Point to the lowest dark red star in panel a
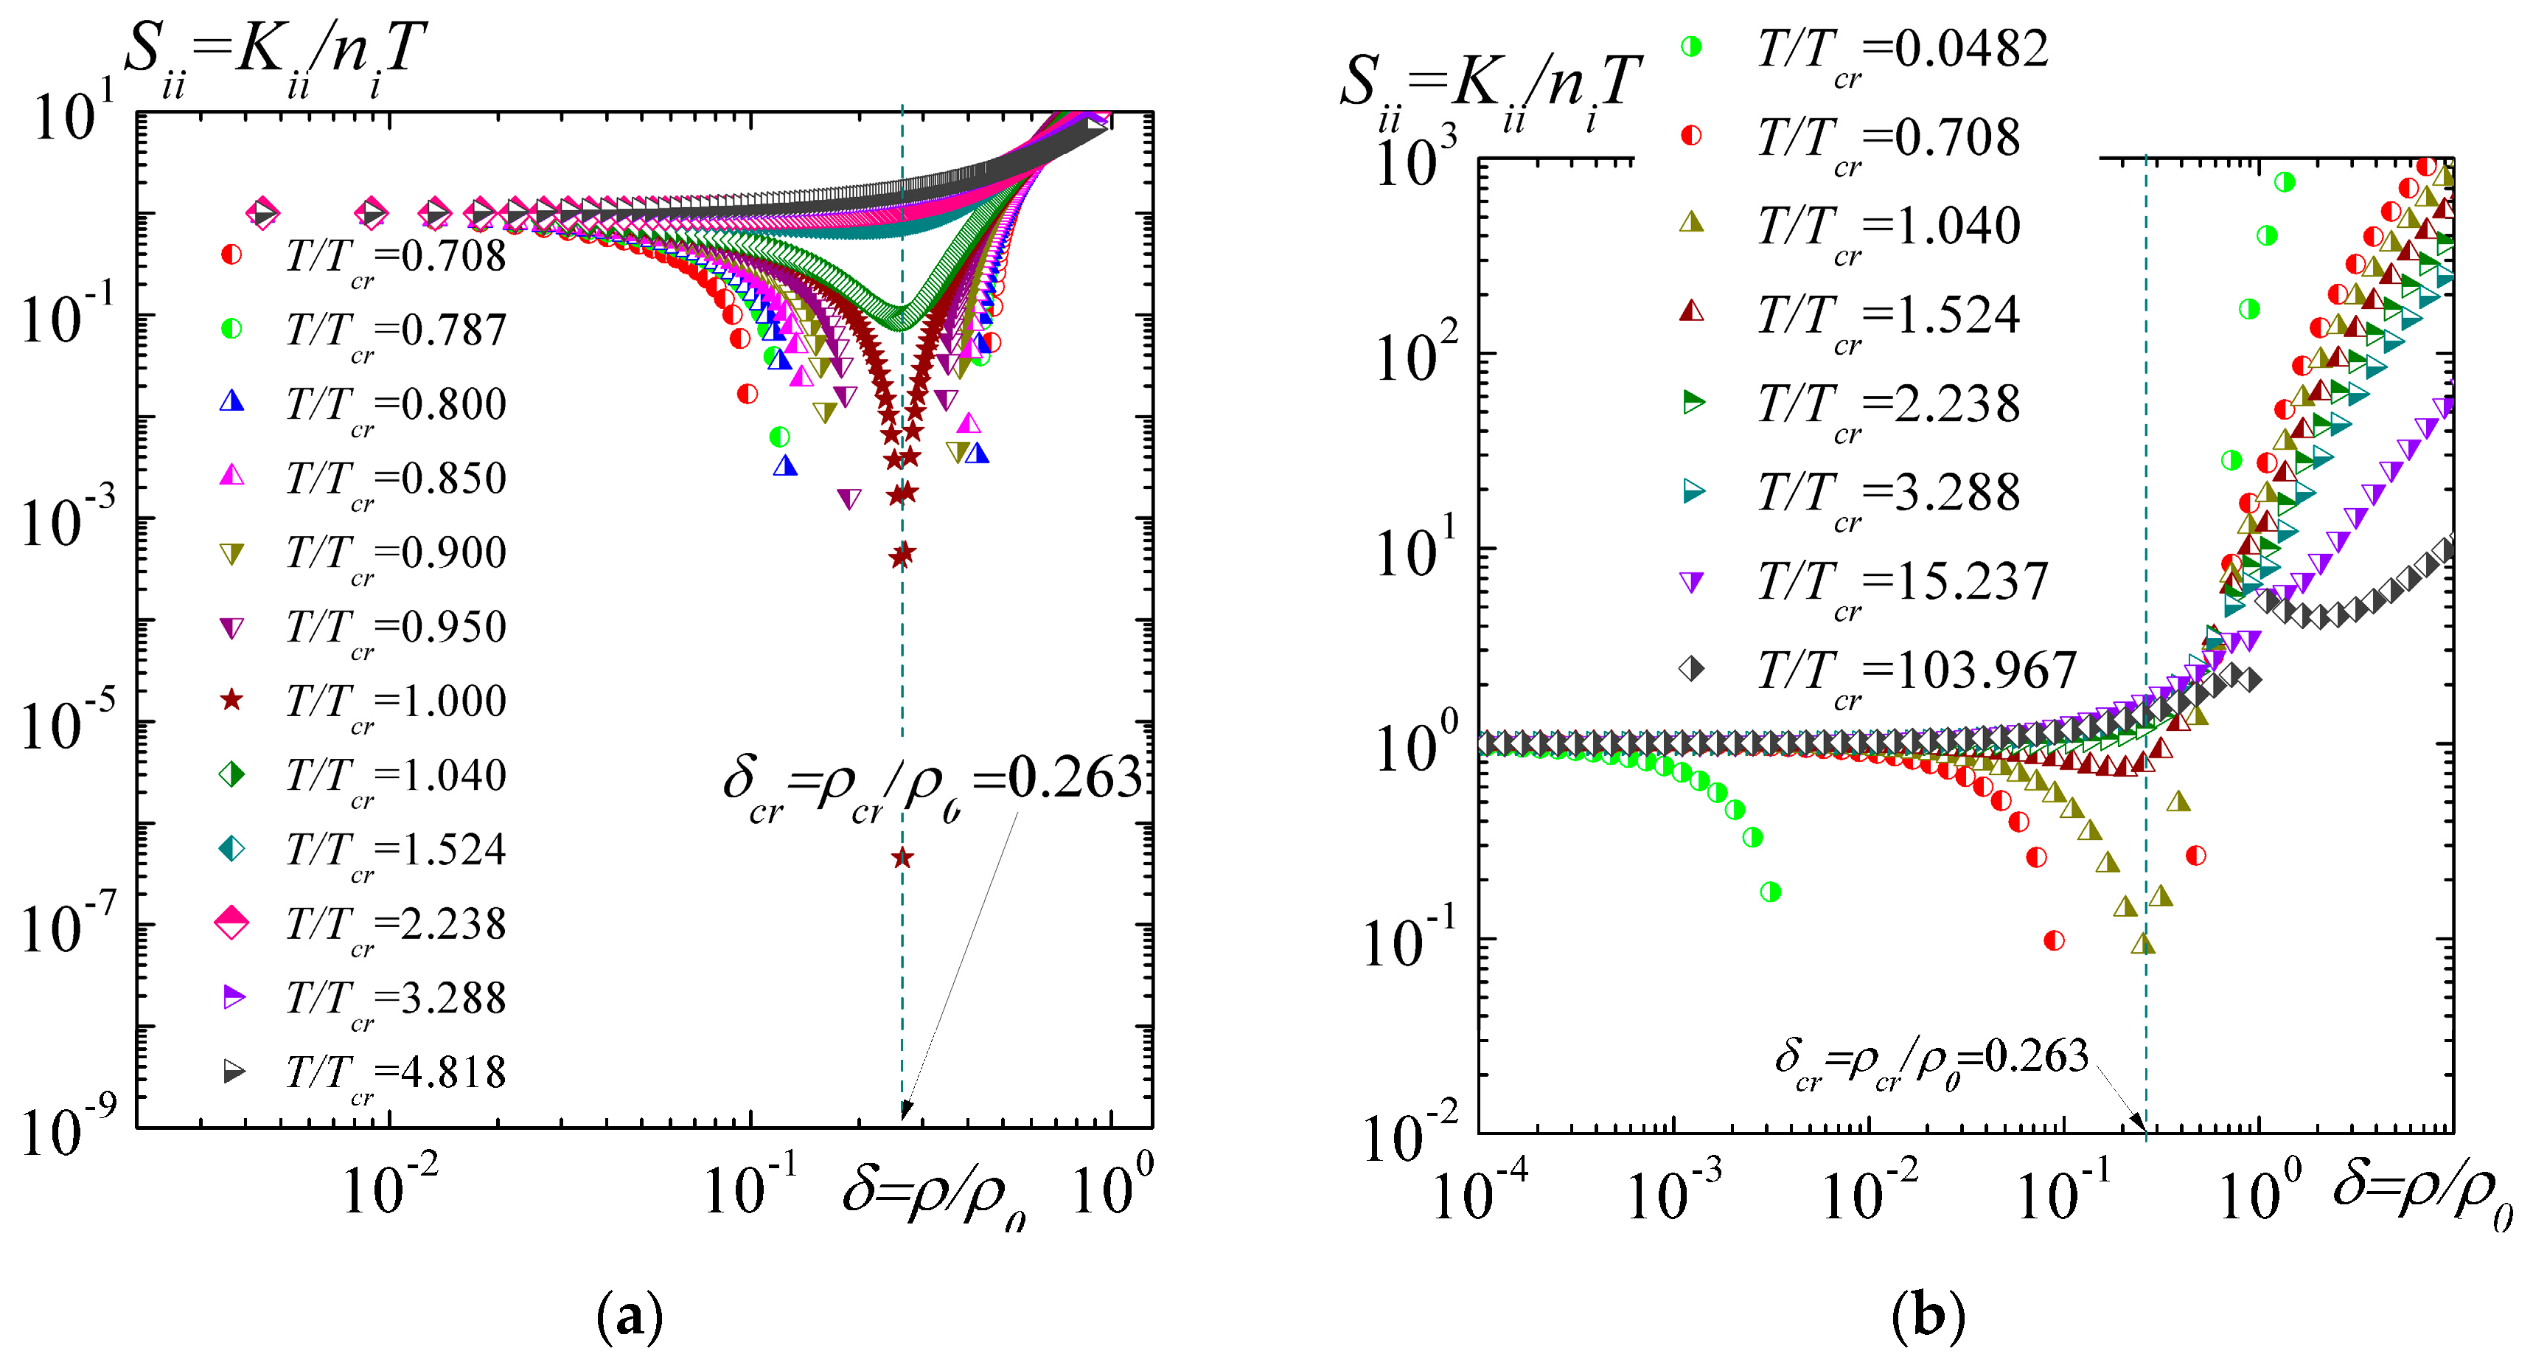pyautogui.click(x=902, y=858)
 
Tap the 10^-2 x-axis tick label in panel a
pyautogui.click(x=389, y=1188)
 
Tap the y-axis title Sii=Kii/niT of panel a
pyautogui.click(x=275, y=54)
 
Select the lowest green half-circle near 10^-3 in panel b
pyautogui.click(x=1770, y=892)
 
